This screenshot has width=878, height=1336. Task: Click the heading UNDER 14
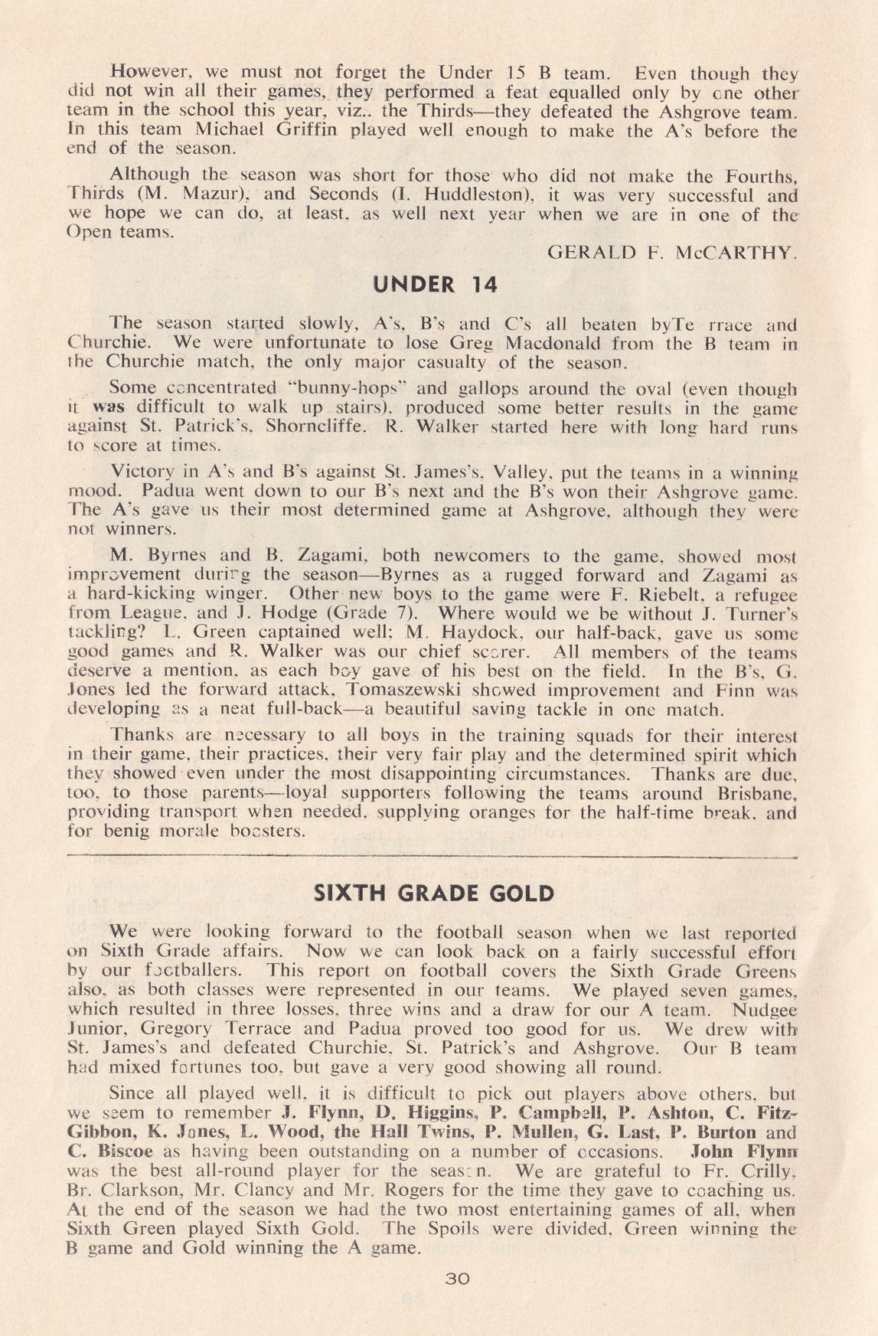click(435, 285)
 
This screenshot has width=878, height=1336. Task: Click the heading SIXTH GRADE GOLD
click(434, 894)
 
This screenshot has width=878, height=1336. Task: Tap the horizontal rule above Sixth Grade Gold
click(434, 858)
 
